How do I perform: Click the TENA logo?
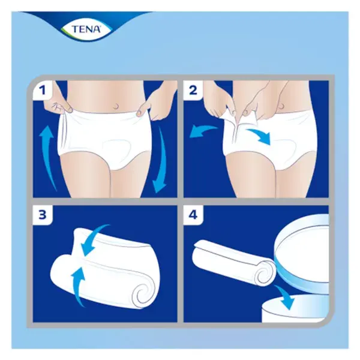tap(86, 29)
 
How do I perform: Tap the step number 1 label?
tap(43, 90)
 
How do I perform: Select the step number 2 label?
tap(193, 90)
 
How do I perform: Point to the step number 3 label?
tap(43, 215)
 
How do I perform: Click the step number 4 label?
tap(193, 215)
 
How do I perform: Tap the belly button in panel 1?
tap(116, 106)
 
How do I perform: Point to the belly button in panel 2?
tap(281, 106)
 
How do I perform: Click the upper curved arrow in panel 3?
tap(94, 240)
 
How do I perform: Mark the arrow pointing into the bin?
tap(284, 298)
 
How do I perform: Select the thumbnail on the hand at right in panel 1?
tap(139, 113)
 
